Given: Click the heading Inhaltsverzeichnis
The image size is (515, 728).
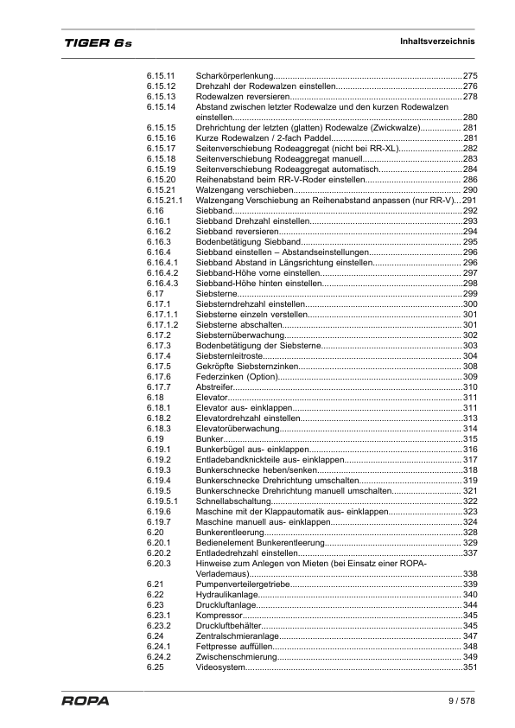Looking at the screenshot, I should [437, 42].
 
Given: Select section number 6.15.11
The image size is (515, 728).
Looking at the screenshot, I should [161, 76].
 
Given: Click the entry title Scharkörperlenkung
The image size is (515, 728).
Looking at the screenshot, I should [235, 76].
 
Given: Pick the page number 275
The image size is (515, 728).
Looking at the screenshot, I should [470, 76].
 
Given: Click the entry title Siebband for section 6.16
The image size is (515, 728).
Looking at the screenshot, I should [215, 211].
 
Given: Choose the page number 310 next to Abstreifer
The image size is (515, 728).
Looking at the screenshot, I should [470, 387].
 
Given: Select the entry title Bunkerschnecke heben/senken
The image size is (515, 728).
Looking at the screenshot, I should [251, 470].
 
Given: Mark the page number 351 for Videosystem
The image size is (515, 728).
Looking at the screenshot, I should [470, 667].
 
